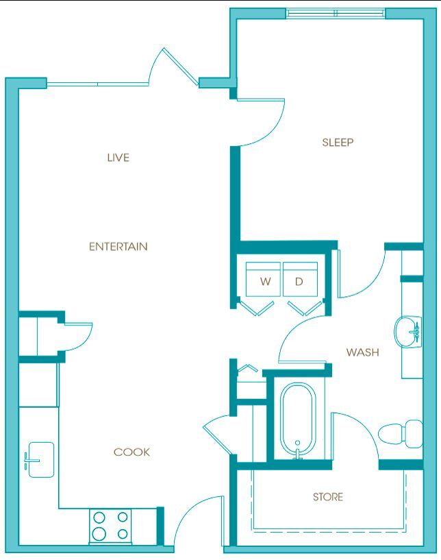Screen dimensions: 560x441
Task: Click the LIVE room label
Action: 118,158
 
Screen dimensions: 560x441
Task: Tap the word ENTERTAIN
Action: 118,247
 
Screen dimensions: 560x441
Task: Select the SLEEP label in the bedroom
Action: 337,143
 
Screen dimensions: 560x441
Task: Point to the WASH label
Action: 362,352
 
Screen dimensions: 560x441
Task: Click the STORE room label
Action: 327,497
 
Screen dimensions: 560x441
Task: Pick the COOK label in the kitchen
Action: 131,452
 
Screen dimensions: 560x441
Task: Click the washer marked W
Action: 264,281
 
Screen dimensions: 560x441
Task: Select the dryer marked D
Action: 299,281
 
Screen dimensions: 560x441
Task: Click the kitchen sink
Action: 39,459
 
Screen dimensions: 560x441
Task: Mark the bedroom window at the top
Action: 336,13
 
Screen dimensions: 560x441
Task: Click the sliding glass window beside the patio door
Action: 97,84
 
